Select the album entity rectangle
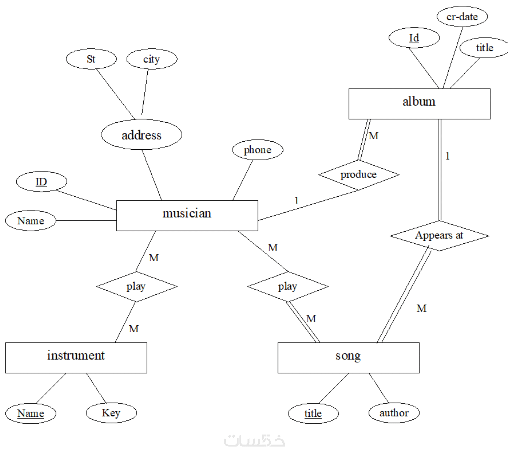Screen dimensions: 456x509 pos(419,104)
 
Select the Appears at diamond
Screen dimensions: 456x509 pos(439,235)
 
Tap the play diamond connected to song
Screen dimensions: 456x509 pos(288,286)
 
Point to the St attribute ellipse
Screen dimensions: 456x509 pos(91,59)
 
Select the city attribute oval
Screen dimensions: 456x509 pos(152,59)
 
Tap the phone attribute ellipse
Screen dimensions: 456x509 pos(258,150)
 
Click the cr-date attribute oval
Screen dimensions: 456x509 pos(462,17)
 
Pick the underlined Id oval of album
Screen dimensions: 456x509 pos(414,38)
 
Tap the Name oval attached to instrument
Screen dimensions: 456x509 pos(30,413)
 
